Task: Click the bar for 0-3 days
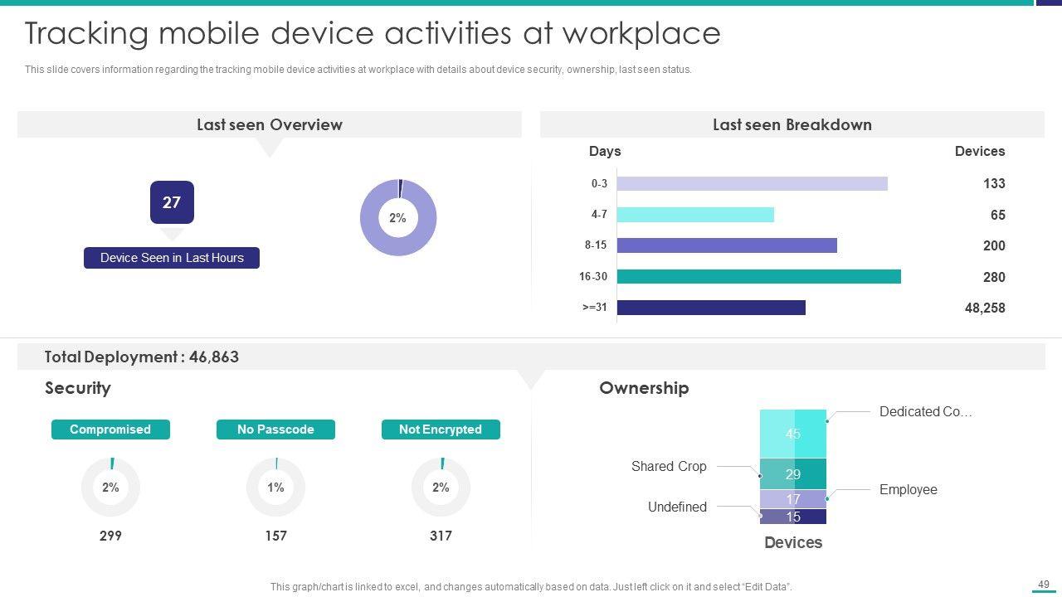coord(752,183)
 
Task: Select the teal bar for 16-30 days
coord(758,276)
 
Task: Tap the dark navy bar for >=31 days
coord(711,308)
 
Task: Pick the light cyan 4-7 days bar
coord(695,215)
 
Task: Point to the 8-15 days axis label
coord(595,245)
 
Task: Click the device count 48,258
coord(984,308)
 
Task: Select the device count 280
coord(993,277)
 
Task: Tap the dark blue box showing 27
coord(172,202)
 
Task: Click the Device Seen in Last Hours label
coord(172,258)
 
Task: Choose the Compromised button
coord(110,430)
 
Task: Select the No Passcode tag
coord(275,430)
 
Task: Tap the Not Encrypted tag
coord(441,430)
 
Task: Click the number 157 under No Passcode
coord(275,536)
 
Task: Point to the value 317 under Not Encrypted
coord(441,536)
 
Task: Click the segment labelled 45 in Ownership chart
coord(793,434)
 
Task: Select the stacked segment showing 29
coord(793,474)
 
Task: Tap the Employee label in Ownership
coord(908,489)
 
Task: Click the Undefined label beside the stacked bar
coord(677,507)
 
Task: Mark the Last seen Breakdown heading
coord(792,124)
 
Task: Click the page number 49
coord(1044,585)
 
